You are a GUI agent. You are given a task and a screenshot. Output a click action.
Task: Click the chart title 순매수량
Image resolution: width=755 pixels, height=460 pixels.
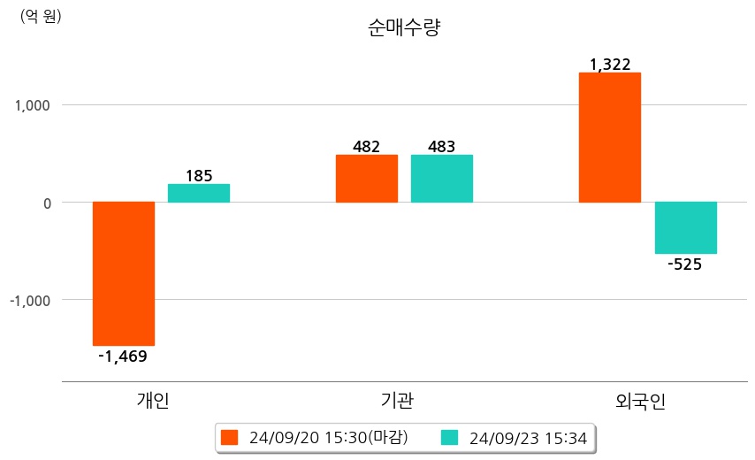click(404, 27)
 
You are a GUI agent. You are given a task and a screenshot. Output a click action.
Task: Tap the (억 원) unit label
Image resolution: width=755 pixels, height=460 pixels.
click(41, 15)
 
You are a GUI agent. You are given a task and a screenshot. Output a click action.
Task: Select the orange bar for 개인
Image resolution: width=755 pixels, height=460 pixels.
click(124, 273)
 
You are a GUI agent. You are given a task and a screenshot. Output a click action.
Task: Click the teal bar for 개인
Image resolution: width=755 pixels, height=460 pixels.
click(199, 193)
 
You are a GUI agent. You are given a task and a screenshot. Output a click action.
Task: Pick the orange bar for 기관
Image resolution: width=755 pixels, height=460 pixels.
click(367, 179)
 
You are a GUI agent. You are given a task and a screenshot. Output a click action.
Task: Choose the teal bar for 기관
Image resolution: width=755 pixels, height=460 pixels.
click(442, 179)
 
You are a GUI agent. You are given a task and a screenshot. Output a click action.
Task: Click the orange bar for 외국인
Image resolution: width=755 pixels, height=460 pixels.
click(610, 137)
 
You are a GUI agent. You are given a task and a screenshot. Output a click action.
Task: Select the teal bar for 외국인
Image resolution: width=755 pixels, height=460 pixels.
click(686, 228)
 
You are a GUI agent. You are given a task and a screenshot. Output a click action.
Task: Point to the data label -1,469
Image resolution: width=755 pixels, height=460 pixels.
click(122, 356)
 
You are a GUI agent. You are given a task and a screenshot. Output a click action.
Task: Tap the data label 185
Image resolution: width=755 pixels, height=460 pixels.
click(199, 175)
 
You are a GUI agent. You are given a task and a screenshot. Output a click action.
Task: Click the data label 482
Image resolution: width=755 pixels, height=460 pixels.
click(367, 146)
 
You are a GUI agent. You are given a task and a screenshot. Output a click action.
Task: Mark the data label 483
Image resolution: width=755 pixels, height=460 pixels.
click(442, 146)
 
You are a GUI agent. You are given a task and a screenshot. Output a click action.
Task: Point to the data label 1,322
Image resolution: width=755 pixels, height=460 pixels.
click(610, 64)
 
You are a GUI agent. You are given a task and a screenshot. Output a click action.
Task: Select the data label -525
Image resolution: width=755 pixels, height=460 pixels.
click(685, 264)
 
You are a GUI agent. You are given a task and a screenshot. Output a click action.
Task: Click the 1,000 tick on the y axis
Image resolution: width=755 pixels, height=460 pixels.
click(33, 105)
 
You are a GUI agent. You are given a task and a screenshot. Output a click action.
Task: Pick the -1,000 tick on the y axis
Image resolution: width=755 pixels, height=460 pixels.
click(30, 301)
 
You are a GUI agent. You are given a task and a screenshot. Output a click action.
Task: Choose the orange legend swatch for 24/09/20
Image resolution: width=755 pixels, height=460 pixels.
click(230, 437)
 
